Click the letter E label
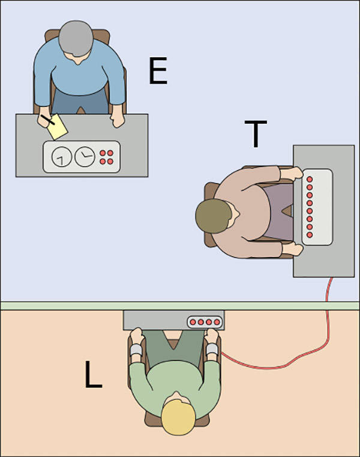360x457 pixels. [158, 72]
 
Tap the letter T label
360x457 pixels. [256, 134]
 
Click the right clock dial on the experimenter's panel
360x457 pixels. [83, 157]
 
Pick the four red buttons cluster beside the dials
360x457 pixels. [106, 157]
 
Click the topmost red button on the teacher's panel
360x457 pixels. [310, 179]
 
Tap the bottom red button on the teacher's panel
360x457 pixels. [310, 235]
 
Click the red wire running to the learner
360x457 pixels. [282, 363]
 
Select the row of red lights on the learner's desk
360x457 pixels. [204, 322]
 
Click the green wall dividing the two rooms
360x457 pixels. [60, 306]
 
